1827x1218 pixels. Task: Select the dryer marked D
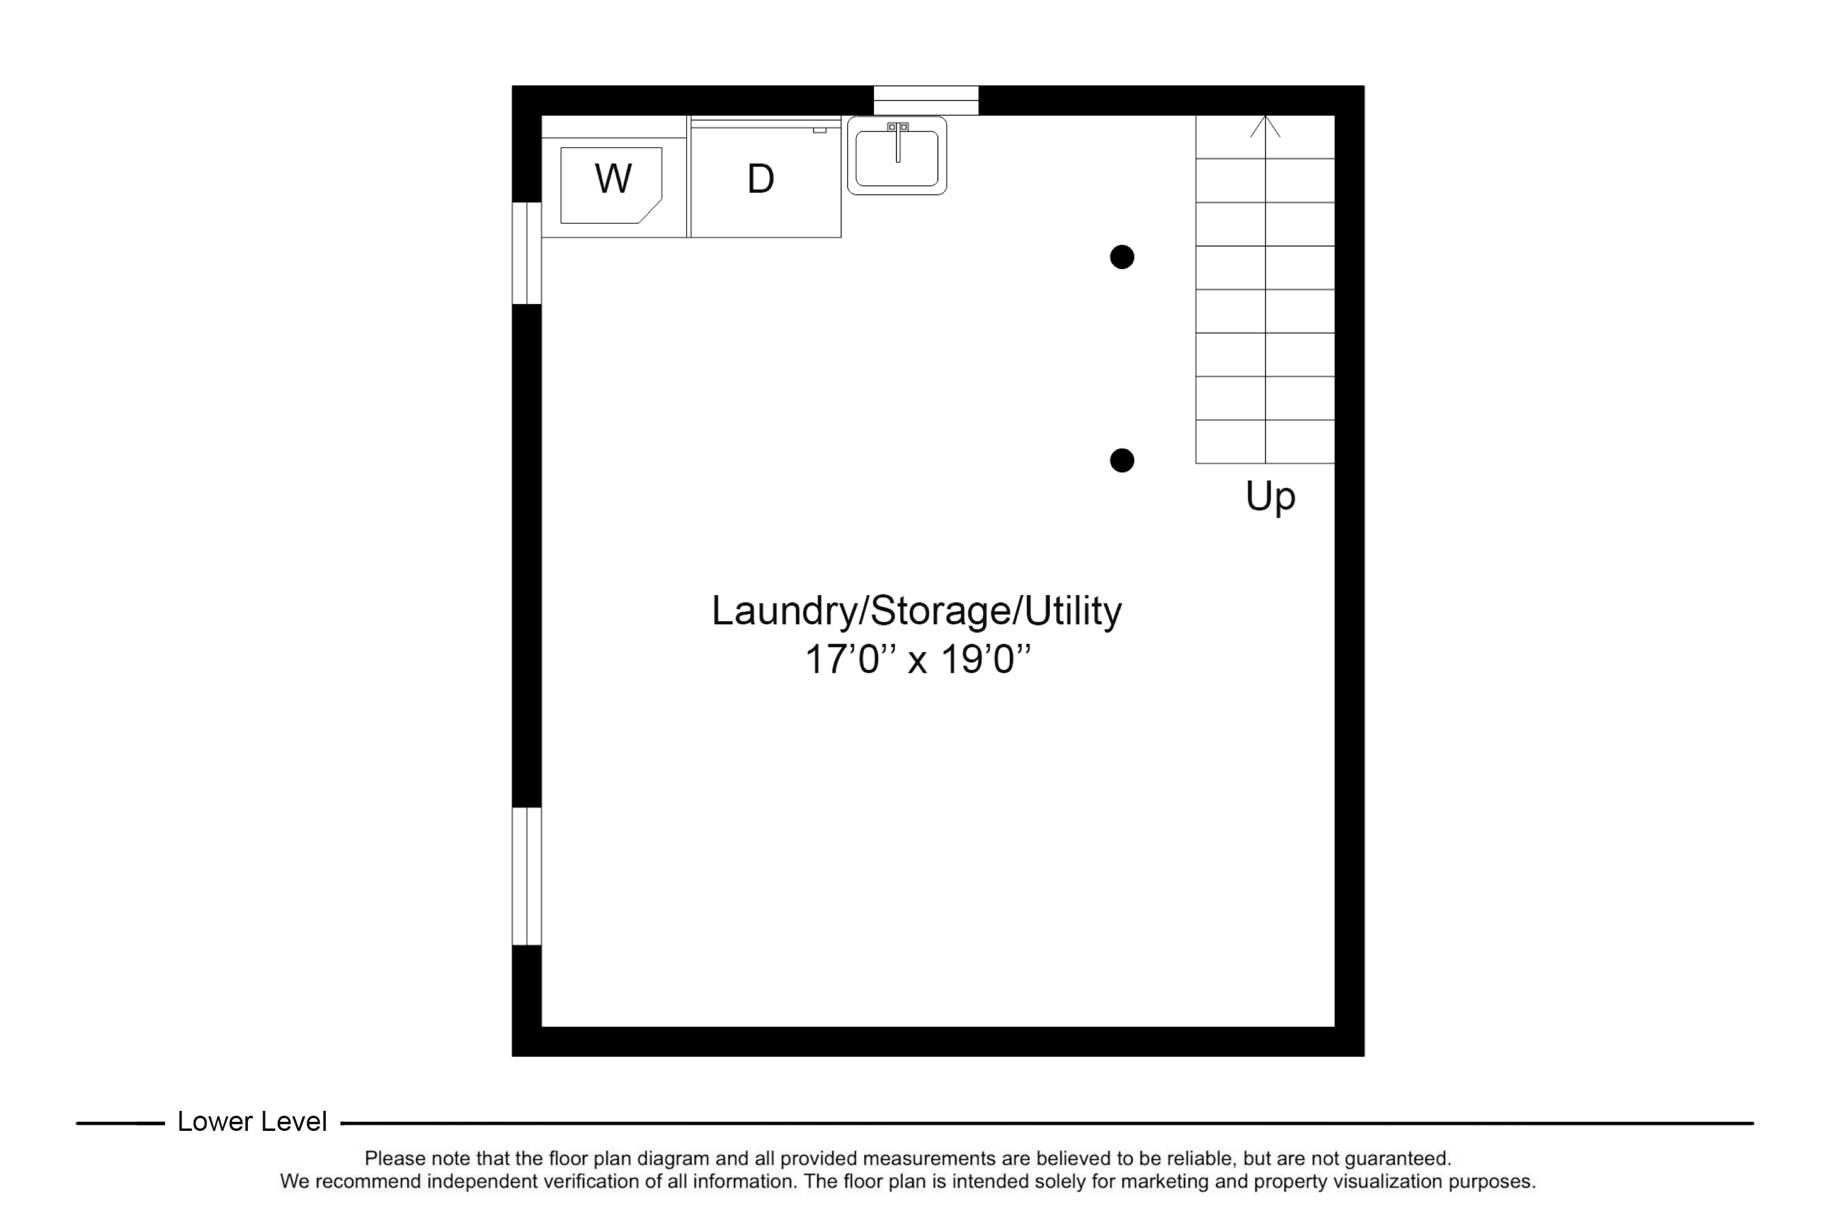765,178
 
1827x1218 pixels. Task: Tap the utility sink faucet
898,141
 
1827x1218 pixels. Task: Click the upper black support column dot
1122,257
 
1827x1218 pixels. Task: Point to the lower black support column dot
1122,460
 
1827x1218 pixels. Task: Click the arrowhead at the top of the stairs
1265,126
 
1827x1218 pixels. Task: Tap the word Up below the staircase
1270,496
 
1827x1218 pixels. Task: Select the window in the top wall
926,100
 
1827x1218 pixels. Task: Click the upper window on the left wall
527,253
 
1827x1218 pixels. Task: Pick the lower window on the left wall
527,876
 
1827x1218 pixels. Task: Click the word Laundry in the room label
783,611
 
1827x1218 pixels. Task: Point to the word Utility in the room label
1072,611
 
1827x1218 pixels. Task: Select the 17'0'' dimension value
851,660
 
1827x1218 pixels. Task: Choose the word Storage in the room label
940,611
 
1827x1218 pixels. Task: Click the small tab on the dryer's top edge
820,130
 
